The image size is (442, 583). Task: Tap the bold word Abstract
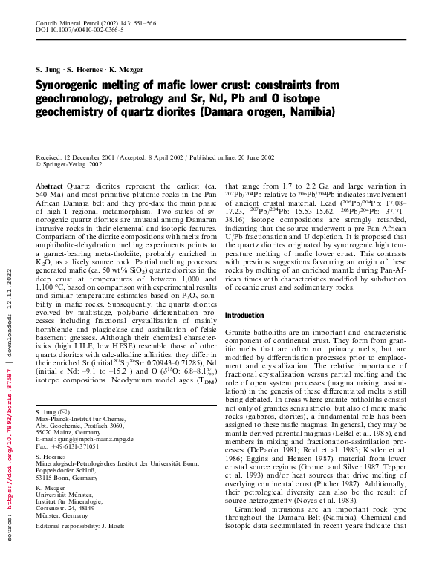49,186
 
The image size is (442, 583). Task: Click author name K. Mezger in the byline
128,69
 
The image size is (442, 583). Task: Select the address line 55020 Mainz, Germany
68,431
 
